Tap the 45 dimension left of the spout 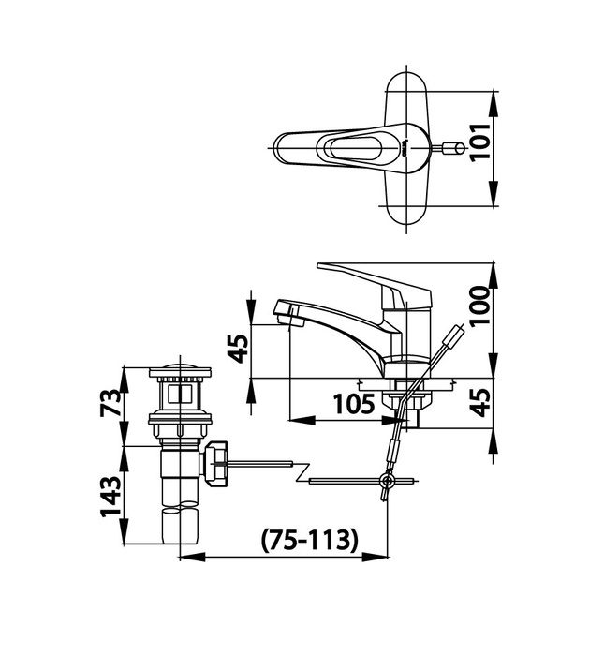click(x=241, y=348)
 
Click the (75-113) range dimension click(x=310, y=541)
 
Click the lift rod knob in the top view click(x=454, y=149)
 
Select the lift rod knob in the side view click(x=455, y=334)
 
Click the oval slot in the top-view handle click(x=351, y=148)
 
